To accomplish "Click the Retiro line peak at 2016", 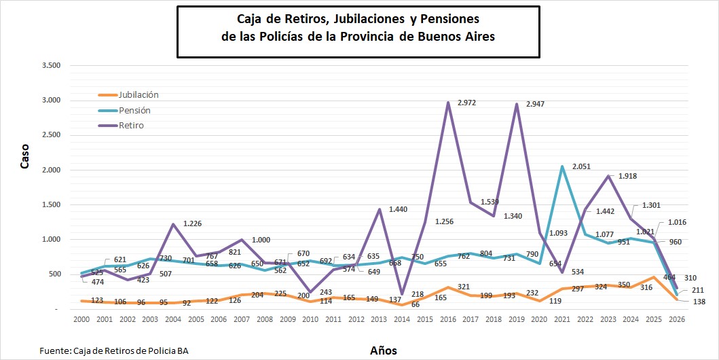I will pyautogui.click(x=449, y=103).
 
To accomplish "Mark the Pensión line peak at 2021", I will pyautogui.click(x=562, y=166).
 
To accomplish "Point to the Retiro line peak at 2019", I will pyautogui.click(x=517, y=105).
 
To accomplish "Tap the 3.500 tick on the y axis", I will pyautogui.click(x=51, y=66).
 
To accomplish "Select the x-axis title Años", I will pyautogui.click(x=384, y=350).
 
